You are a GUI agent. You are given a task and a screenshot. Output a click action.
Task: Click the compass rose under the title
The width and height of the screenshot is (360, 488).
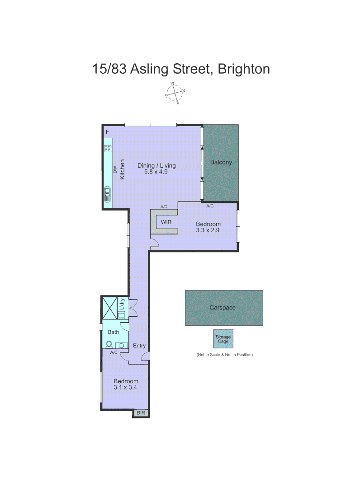175,93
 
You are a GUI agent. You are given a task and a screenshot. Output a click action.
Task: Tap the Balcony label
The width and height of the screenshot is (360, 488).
221,162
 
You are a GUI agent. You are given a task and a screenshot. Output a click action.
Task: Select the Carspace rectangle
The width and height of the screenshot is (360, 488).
224,308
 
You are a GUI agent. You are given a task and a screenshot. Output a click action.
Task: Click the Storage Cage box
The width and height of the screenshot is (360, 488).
223,339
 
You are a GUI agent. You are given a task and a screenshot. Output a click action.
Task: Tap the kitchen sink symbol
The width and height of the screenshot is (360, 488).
108,194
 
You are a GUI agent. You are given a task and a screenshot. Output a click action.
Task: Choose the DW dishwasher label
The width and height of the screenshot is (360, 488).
115,170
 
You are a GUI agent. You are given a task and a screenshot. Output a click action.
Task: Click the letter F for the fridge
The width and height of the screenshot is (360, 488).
107,132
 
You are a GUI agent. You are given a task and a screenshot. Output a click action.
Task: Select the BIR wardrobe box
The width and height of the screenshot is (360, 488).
141,413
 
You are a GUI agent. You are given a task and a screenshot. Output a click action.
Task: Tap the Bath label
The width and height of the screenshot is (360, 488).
113,332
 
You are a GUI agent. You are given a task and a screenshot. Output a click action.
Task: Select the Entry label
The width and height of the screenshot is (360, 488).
139,346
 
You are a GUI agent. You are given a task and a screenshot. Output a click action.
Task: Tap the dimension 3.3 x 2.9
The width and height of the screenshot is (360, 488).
208,230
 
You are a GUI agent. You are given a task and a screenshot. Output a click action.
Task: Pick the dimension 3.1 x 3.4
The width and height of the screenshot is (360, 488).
126,387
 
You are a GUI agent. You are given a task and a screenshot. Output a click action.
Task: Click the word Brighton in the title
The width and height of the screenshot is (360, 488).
244,69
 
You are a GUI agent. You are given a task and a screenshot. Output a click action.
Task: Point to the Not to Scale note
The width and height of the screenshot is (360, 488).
224,355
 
